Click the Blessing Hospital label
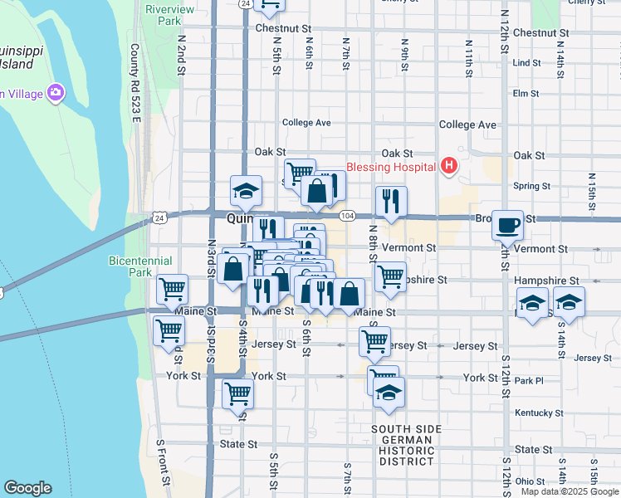[391, 167]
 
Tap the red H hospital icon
[449, 166]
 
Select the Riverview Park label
[163, 14]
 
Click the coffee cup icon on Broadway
[507, 225]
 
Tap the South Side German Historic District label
[406, 445]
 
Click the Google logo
[27, 488]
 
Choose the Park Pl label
[528, 381]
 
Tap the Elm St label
[526, 94]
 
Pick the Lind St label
[526, 63]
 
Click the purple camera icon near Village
[56, 92]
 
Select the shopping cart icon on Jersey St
[374, 340]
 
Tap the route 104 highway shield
[348, 215]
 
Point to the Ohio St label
[530, 481]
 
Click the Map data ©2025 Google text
[570, 491]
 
